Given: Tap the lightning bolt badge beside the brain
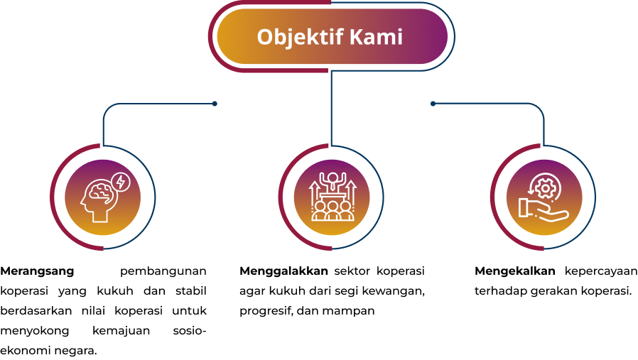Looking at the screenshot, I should pyautogui.click(x=121, y=182).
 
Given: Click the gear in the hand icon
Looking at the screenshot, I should pyautogui.click(x=545, y=187).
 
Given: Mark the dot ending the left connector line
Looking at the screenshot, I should pyautogui.click(x=215, y=104).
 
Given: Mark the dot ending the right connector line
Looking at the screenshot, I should pyautogui.click(x=433, y=104).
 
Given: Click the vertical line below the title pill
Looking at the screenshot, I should pyautogui.click(x=331, y=107).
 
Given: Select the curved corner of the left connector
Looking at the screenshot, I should pyautogui.click(x=107, y=108).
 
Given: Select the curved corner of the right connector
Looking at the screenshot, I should pyautogui.click(x=540, y=108).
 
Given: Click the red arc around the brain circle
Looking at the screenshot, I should pyautogui.click(x=52, y=197).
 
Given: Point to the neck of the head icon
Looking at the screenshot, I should pyautogui.click(x=99, y=216).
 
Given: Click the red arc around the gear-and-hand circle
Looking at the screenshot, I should pyautogui.click(x=492, y=197).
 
